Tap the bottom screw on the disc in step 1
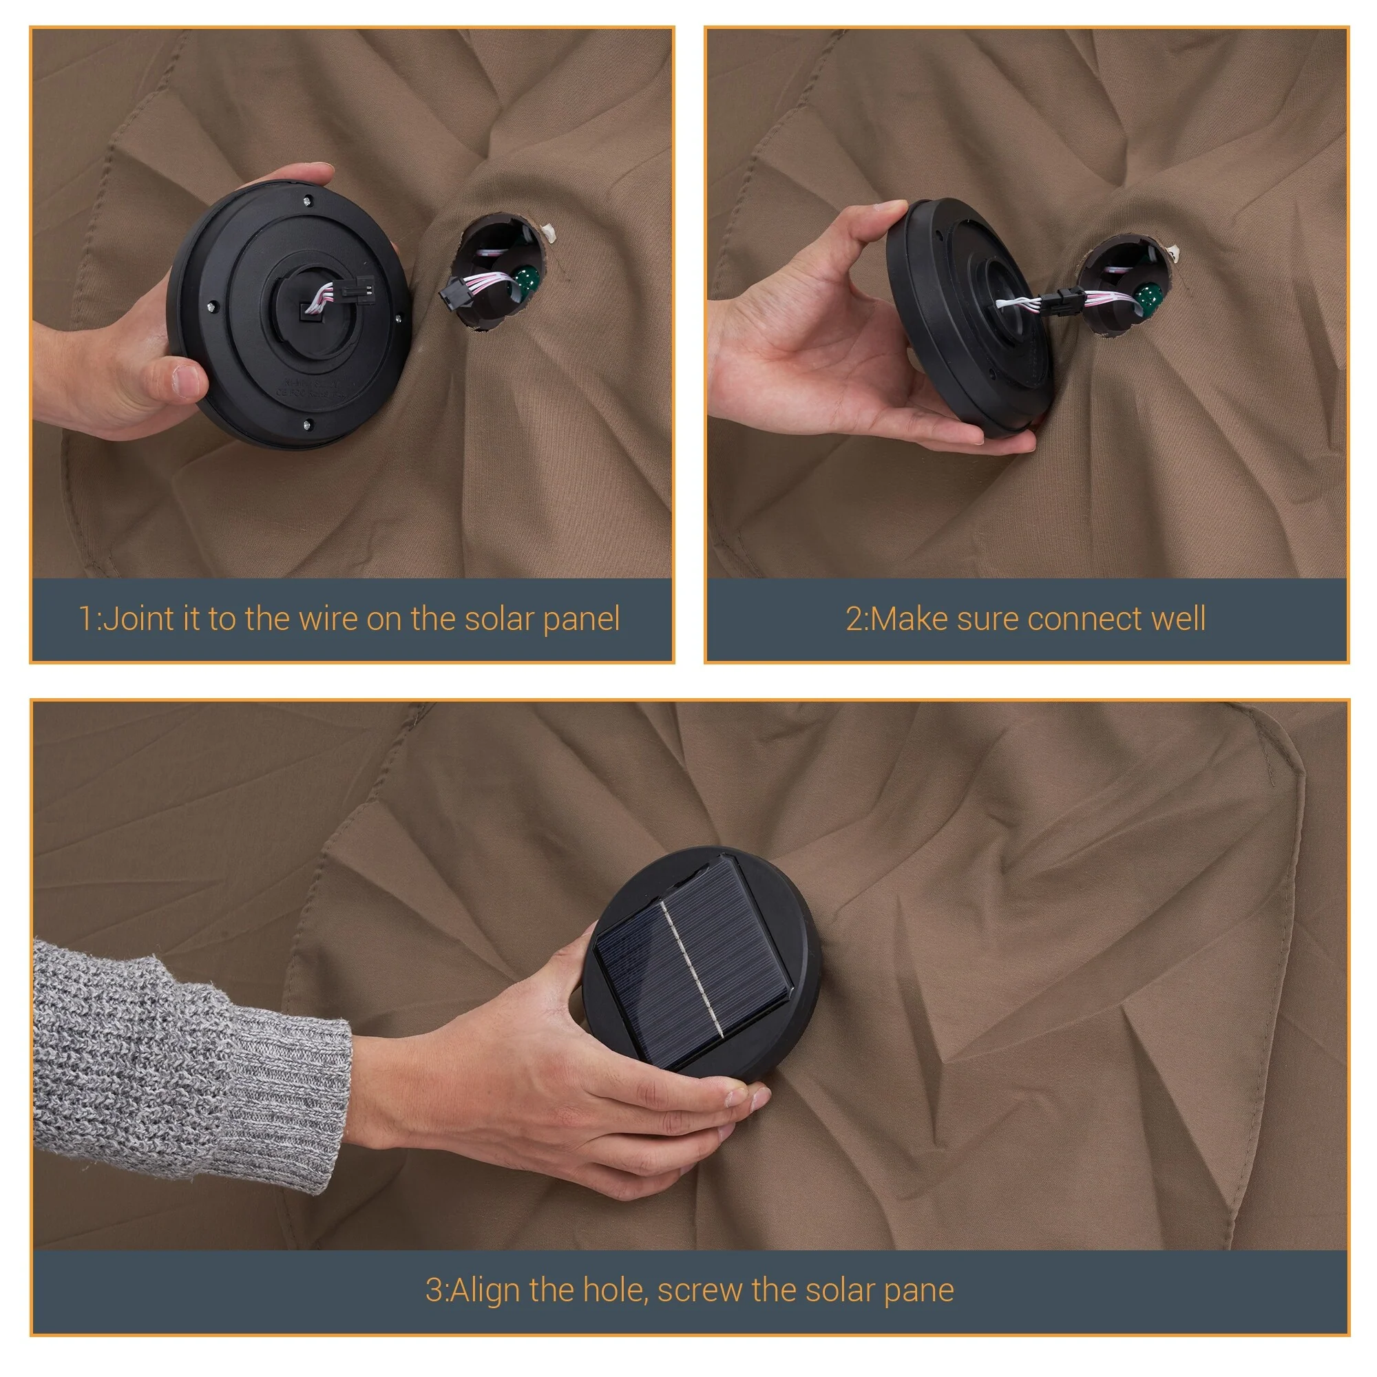click(x=305, y=425)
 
